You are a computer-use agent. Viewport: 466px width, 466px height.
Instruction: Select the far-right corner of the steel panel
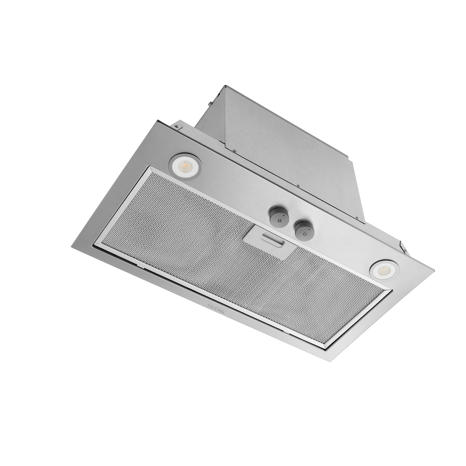tap(434, 271)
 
